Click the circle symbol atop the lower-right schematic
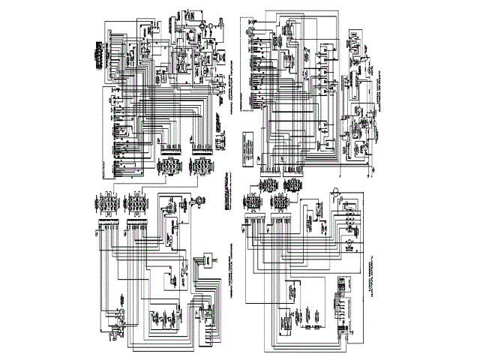[336, 187]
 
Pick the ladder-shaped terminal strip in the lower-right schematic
[341, 307]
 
